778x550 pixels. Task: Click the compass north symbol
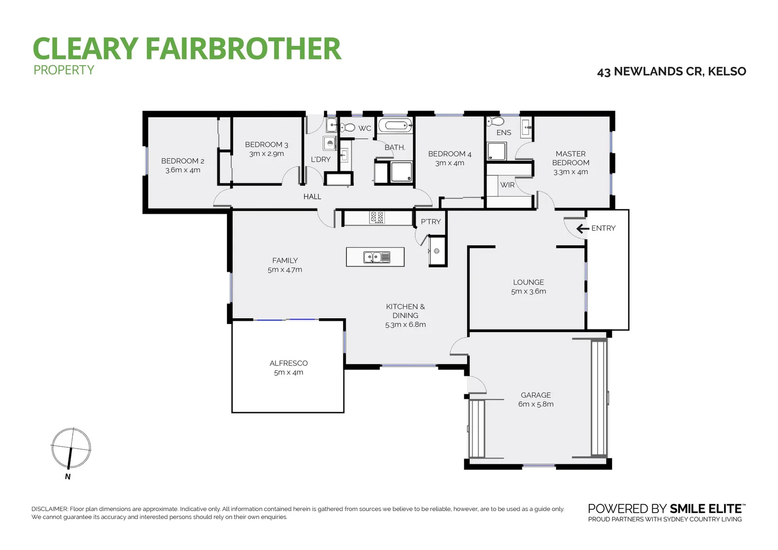pyautogui.click(x=71, y=449)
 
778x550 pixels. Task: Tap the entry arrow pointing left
pyautogui.click(x=582, y=229)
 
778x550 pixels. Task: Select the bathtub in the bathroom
pyautogui.click(x=395, y=125)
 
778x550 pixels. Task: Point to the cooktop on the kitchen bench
pyautogui.click(x=377, y=217)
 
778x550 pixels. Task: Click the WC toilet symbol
pyautogui.click(x=348, y=127)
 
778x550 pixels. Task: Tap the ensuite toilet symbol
pyautogui.click(x=495, y=121)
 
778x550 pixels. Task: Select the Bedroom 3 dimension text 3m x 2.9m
pyautogui.click(x=266, y=154)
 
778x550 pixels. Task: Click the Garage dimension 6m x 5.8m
pyautogui.click(x=536, y=404)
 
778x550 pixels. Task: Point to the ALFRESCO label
pyautogui.click(x=288, y=363)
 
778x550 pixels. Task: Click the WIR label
pyautogui.click(x=507, y=185)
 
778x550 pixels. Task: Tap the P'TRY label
pyautogui.click(x=431, y=222)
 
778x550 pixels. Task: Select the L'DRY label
pyautogui.click(x=321, y=159)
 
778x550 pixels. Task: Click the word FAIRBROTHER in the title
pyautogui.click(x=243, y=49)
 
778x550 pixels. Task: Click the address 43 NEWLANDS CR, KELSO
pyautogui.click(x=671, y=72)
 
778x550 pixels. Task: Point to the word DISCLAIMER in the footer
pyautogui.click(x=49, y=509)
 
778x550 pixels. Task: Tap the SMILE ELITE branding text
pyautogui.click(x=707, y=509)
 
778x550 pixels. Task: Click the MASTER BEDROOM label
pyautogui.click(x=571, y=158)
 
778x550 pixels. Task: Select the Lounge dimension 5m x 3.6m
pyautogui.click(x=529, y=292)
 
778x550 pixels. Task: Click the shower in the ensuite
pyautogui.click(x=497, y=152)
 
